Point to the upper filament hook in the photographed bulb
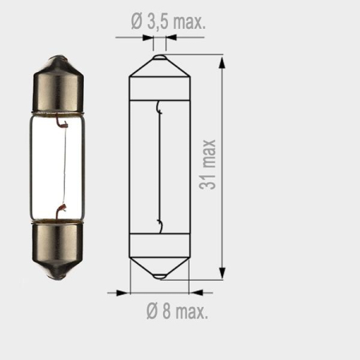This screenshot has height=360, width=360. pyautogui.click(x=59, y=123)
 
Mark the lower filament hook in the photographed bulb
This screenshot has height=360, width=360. pyautogui.click(x=59, y=210)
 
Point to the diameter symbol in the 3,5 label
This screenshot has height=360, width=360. pyautogui.click(x=134, y=22)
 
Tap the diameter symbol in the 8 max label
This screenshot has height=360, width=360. pyautogui.click(x=151, y=312)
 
